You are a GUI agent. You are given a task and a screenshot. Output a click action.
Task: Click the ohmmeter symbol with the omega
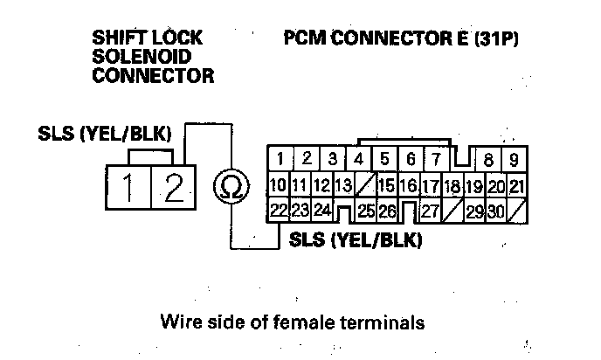pyautogui.click(x=231, y=186)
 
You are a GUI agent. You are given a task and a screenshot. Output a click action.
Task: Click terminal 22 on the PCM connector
pyautogui.click(x=279, y=210)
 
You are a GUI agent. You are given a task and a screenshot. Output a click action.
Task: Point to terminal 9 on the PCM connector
pyautogui.click(x=515, y=160)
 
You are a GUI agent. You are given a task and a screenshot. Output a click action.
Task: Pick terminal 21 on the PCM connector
pyautogui.click(x=516, y=186)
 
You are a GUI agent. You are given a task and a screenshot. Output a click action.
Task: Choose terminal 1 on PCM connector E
pyautogui.click(x=280, y=159)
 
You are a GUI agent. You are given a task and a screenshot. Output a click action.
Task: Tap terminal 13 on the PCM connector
pyautogui.click(x=342, y=185)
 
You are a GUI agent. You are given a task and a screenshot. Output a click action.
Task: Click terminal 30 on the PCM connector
pyautogui.click(x=496, y=211)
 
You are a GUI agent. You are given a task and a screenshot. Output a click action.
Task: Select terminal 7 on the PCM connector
pyautogui.click(x=434, y=159)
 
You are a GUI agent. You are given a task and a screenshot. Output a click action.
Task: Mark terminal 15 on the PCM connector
pyautogui.click(x=385, y=185)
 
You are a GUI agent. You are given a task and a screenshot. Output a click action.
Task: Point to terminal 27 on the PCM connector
pyautogui.click(x=429, y=211)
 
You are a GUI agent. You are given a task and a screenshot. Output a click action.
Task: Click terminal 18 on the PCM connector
pyautogui.click(x=452, y=186)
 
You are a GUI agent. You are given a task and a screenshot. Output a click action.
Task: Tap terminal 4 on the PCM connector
pyautogui.click(x=358, y=159)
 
